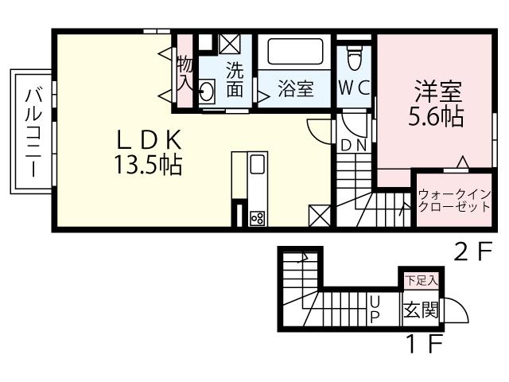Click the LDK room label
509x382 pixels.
pos(151,140)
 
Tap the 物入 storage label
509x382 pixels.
pos(185,72)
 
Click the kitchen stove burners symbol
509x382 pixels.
pos(257,216)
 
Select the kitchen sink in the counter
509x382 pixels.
pos(258,166)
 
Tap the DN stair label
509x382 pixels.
pos(354,145)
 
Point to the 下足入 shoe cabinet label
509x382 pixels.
pos(414,281)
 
